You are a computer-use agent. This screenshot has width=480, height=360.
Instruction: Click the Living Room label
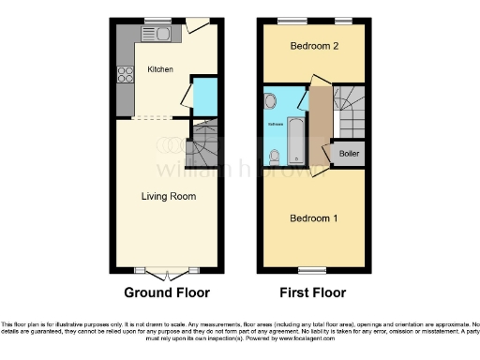168,196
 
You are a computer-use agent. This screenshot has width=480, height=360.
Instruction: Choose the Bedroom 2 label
312,46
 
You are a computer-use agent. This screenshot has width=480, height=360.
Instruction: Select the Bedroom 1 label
313,217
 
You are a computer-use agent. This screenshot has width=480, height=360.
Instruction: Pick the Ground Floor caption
167,292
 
